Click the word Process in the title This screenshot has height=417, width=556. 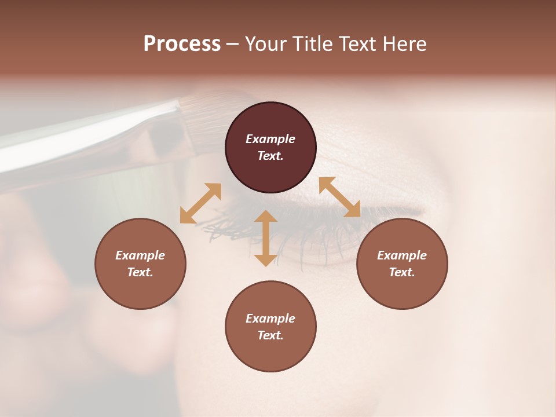[182, 44]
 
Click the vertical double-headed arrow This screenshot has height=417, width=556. [265, 238]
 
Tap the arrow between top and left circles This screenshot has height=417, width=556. [200, 203]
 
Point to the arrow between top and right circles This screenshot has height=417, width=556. [339, 197]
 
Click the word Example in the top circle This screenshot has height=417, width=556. [270, 139]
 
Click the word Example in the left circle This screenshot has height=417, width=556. [140, 255]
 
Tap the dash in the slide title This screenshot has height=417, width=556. [232, 44]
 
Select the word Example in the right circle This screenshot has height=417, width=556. [402, 255]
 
